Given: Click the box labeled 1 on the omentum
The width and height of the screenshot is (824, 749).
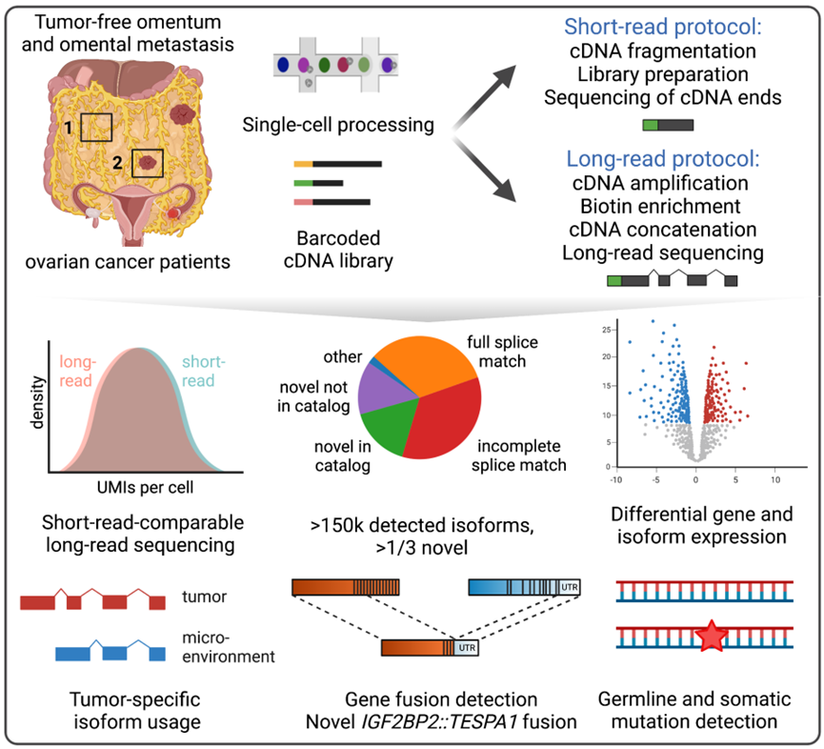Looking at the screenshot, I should [96, 126].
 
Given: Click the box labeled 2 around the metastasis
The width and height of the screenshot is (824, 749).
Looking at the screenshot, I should [147, 164].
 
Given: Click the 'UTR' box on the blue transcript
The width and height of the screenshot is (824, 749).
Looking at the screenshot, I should [570, 587].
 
